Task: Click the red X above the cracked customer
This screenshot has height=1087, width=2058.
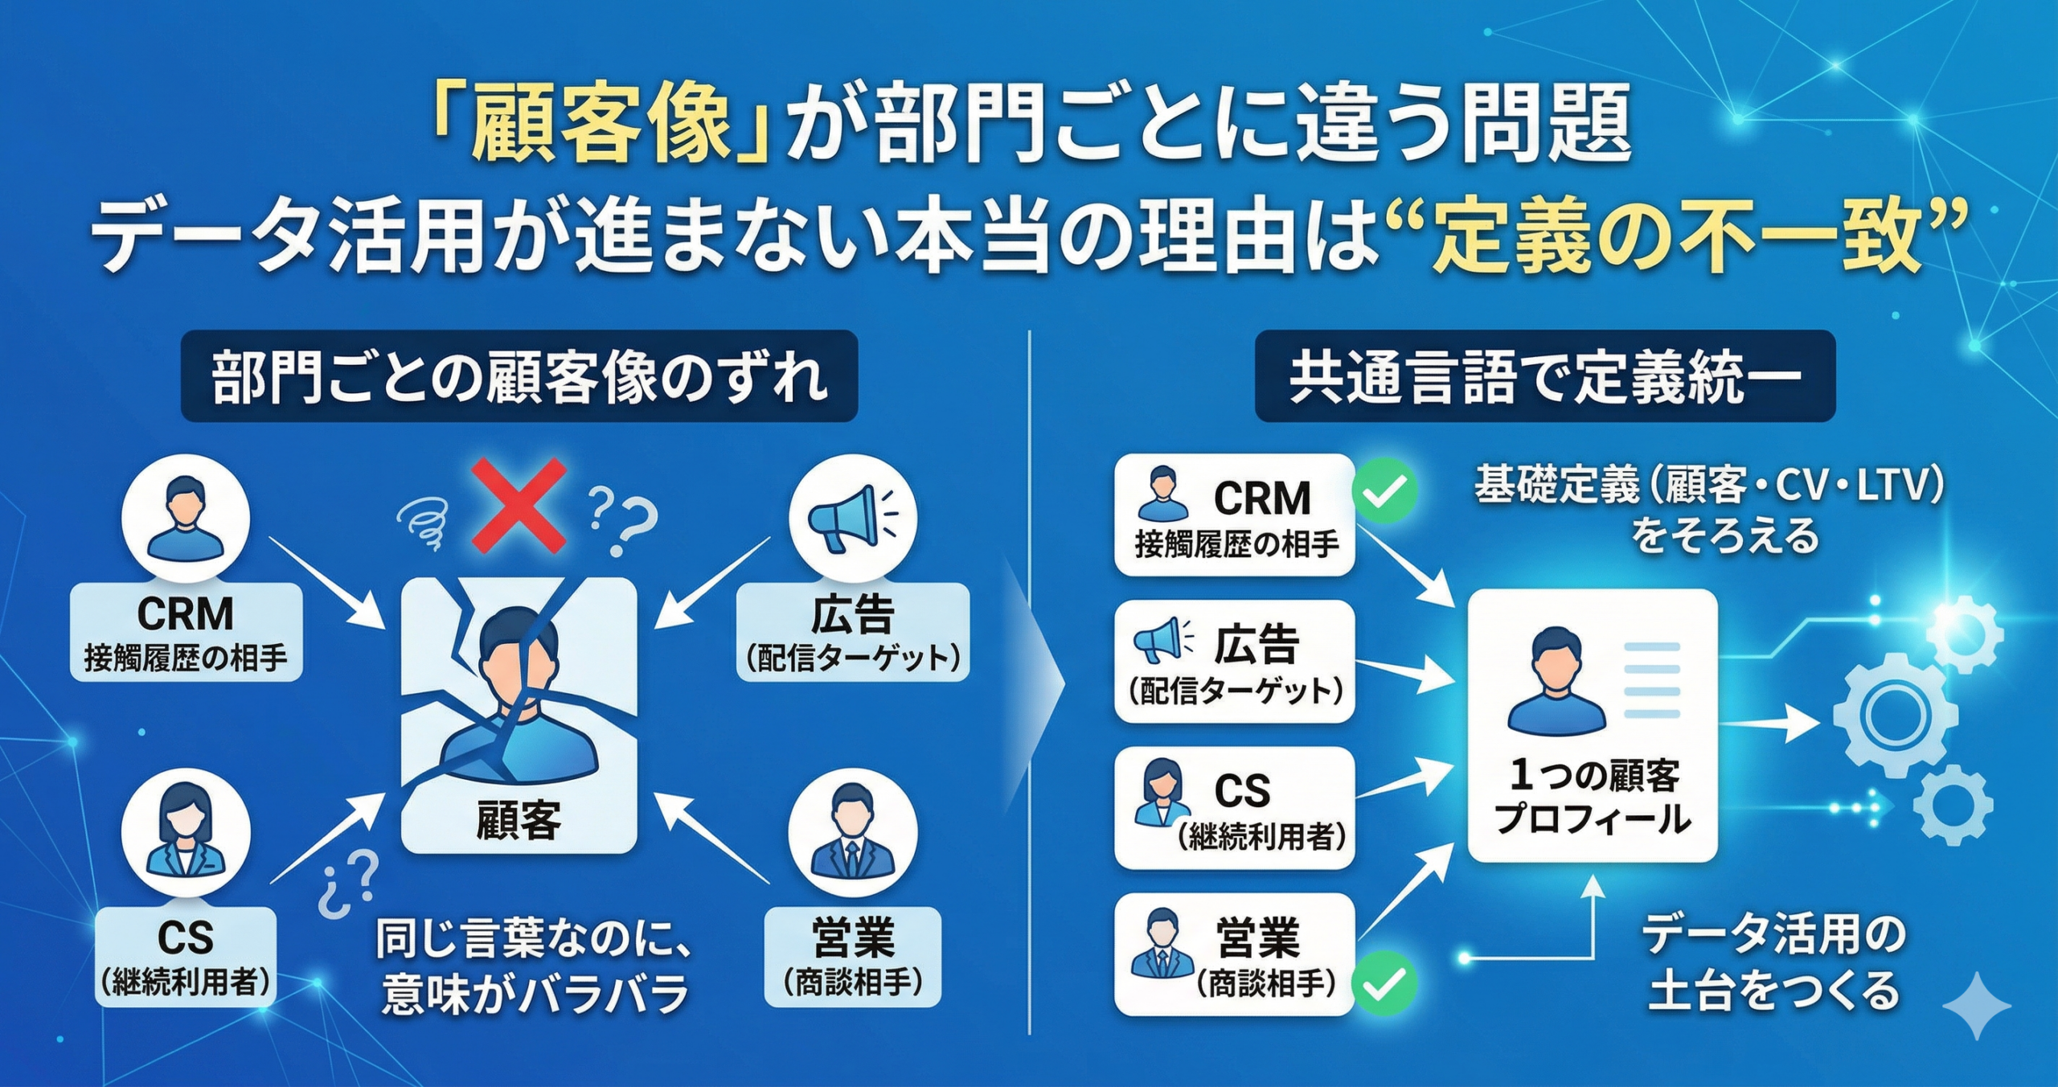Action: pos(519,506)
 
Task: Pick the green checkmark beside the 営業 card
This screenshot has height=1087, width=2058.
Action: pos(1384,982)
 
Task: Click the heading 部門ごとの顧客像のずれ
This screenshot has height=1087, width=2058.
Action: pos(519,377)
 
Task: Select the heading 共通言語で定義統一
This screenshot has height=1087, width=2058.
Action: pos(1544,377)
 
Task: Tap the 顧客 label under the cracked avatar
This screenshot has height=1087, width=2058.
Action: pos(519,820)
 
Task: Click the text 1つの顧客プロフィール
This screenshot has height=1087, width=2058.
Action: pos(1593,797)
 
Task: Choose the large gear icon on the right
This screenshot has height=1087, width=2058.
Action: pos(1894,713)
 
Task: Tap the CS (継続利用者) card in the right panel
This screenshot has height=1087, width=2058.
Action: pos(1235,808)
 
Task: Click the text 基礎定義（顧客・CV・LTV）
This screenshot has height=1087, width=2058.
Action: pos(1708,486)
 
